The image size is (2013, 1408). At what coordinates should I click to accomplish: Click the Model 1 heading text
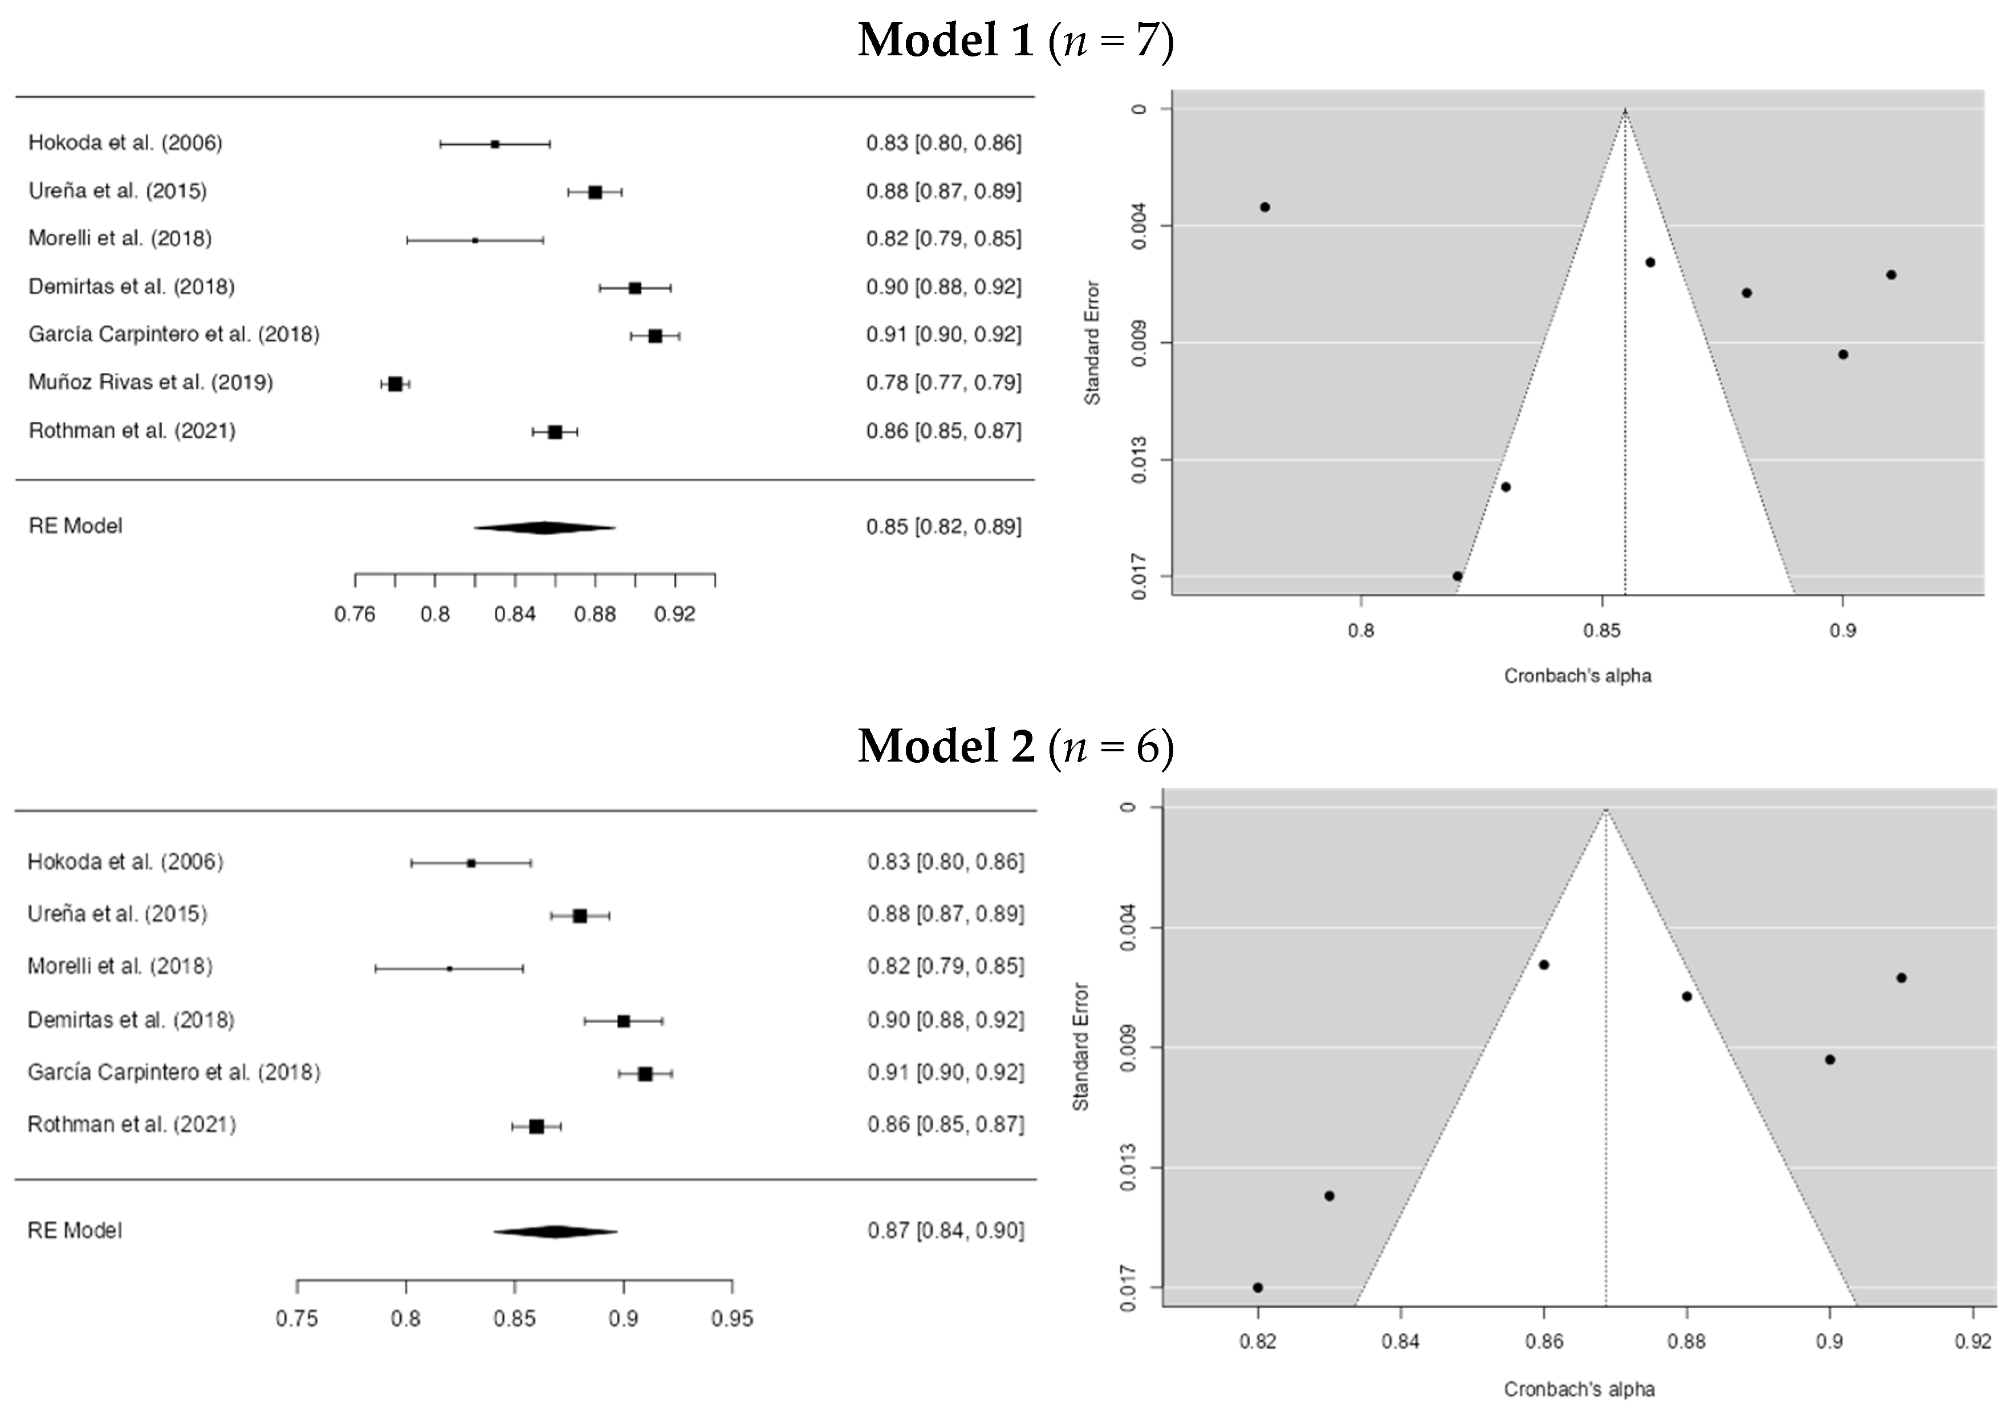click(1015, 41)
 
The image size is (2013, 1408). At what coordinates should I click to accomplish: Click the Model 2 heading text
click(1015, 747)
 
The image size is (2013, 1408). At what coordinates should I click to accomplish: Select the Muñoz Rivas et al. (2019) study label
click(151, 382)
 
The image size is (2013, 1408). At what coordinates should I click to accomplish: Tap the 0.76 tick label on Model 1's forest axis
click(355, 615)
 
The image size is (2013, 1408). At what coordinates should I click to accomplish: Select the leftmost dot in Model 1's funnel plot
click(1265, 207)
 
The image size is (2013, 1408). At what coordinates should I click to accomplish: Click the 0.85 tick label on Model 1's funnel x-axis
click(1602, 631)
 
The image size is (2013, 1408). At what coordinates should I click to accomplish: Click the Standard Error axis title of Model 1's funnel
click(1092, 343)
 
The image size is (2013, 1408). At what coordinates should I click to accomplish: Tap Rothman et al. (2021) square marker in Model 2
click(536, 1126)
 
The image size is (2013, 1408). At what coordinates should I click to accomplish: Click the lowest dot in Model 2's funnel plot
click(1258, 1287)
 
